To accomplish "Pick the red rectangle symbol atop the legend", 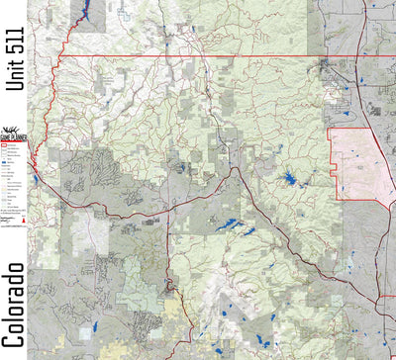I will coord(5,145).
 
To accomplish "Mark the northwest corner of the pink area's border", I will coord(330,129).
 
